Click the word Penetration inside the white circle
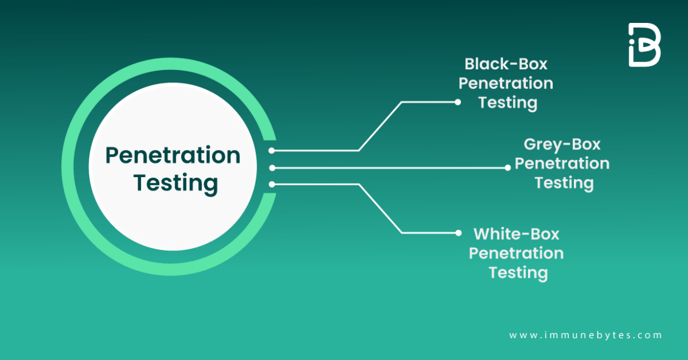point(173,156)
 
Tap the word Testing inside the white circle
point(175,183)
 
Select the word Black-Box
point(506,64)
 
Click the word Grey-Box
point(562,144)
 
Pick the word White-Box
point(516,234)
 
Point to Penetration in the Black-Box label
point(506,83)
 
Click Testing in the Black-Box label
point(507,102)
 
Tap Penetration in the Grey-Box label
point(562,163)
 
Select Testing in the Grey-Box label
point(563,182)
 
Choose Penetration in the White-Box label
point(516,253)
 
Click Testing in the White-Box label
point(518,272)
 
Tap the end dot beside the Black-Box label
point(457,102)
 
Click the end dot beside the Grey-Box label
point(507,168)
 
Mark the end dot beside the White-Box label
point(458,233)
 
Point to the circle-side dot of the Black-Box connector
point(272,151)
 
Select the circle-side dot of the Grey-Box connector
point(272,168)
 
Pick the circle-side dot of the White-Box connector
point(272,185)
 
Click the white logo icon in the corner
point(644,45)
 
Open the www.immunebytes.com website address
point(585,335)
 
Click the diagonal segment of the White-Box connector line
point(380,209)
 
